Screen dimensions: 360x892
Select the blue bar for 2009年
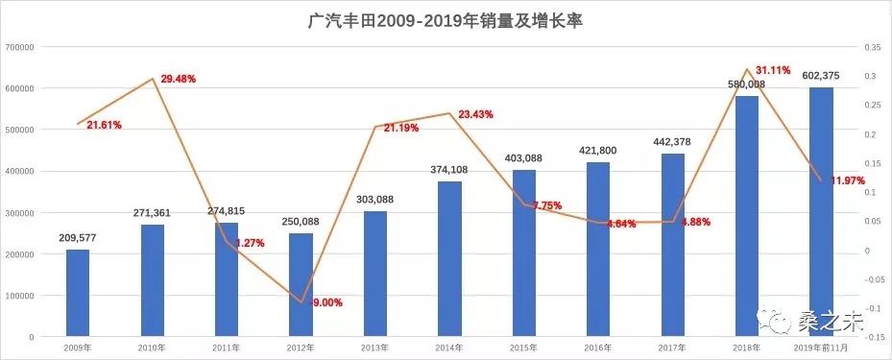tap(78, 293)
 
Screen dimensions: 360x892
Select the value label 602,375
tap(822, 76)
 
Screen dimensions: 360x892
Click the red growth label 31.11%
tap(774, 70)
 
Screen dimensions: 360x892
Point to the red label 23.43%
tap(475, 114)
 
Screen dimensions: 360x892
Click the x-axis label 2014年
tap(449, 347)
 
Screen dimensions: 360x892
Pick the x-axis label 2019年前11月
tap(821, 347)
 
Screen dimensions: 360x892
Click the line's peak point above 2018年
tap(746, 69)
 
